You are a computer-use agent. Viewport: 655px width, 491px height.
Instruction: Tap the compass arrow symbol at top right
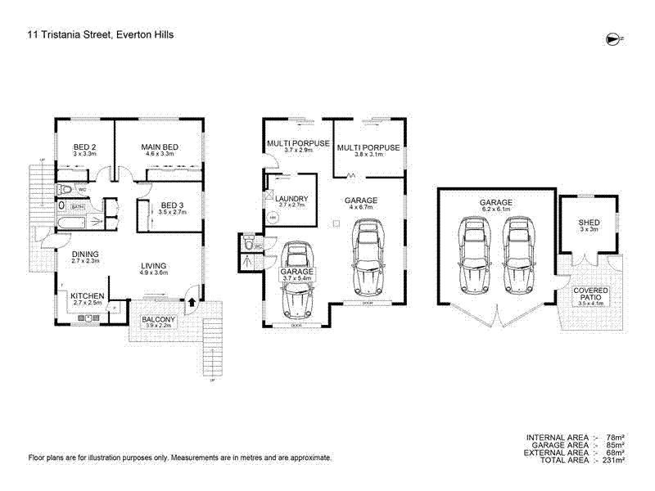[612, 38]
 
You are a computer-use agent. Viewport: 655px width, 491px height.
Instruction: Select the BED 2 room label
[85, 146]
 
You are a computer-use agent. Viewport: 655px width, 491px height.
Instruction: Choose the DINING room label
[84, 255]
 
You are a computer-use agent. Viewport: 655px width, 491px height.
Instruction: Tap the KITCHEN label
[87, 295]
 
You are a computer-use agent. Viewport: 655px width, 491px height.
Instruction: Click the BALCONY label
[156, 319]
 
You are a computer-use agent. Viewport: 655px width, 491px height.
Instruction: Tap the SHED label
[589, 222]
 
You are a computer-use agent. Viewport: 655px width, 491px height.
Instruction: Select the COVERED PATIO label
[589, 294]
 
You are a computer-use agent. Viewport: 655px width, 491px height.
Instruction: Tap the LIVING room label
[153, 266]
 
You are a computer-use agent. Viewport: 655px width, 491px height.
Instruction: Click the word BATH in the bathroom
[78, 208]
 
